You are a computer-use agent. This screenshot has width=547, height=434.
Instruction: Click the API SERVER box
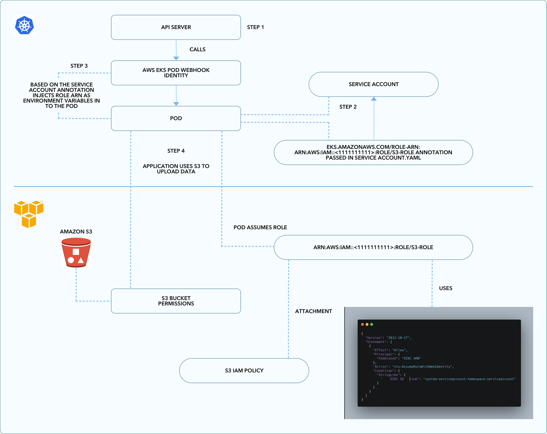tap(176, 27)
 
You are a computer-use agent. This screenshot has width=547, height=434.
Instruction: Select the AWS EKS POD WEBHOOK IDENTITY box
tap(176, 73)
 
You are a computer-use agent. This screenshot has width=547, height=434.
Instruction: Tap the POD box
tap(176, 118)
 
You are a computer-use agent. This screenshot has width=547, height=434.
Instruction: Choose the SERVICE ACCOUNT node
tap(374, 84)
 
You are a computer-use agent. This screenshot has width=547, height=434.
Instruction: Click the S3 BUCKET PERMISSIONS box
tap(176, 301)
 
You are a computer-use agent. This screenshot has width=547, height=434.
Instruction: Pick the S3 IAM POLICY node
tap(244, 371)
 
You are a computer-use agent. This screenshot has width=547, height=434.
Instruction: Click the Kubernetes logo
tap(24, 25)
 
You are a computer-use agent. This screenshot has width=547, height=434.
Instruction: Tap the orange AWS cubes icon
tap(29, 214)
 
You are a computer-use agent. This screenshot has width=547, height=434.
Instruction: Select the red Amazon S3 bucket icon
tap(76, 253)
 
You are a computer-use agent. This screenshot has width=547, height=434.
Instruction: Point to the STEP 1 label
tap(255, 27)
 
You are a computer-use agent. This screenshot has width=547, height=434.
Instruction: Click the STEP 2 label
tap(348, 107)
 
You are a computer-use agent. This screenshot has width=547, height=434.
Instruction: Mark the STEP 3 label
tap(79, 66)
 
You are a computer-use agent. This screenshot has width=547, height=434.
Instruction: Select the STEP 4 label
tap(176, 151)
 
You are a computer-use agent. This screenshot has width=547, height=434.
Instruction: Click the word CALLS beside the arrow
tap(197, 49)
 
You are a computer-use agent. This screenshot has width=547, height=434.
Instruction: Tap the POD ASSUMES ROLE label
tap(260, 227)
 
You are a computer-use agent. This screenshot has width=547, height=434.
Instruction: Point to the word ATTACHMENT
tap(313, 311)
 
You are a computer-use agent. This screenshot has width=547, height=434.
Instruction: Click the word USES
tap(446, 288)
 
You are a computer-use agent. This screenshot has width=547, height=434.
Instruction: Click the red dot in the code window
tap(362, 324)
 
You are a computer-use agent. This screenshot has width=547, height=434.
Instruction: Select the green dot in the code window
tap(371, 324)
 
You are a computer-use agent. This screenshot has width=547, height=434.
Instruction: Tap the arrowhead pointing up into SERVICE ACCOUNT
tap(374, 99)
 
